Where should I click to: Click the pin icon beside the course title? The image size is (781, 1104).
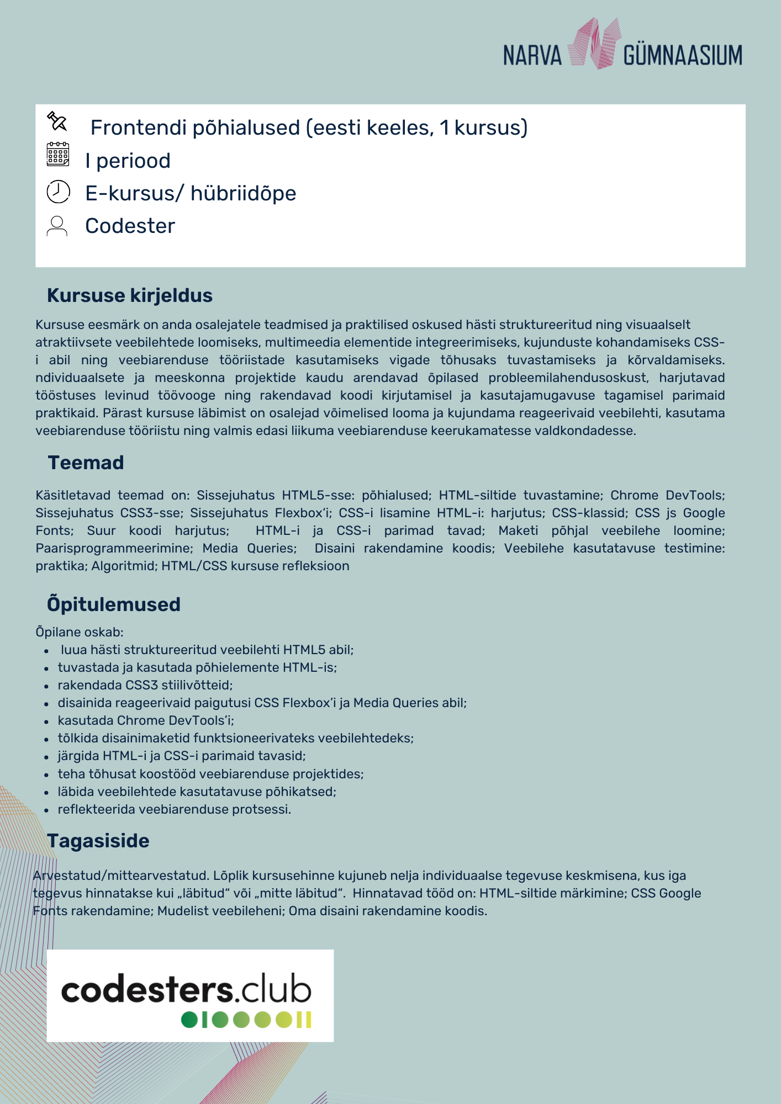57,121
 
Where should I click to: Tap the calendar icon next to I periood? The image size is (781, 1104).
58,154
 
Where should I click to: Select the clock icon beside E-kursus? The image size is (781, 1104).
58,192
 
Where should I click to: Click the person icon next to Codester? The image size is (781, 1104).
57,226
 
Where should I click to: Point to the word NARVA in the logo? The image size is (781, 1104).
532,56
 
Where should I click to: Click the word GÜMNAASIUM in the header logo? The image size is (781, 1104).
683,56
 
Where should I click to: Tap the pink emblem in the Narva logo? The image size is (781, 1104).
592,44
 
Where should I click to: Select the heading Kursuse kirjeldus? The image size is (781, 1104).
130,295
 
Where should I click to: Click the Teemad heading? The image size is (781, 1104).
86,463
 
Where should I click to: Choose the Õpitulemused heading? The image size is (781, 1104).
114,604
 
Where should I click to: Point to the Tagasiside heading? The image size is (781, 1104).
98,841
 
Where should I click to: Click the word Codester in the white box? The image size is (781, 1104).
130,226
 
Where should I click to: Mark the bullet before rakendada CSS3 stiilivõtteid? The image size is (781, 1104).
47,686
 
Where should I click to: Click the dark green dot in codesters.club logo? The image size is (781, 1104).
189,1020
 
